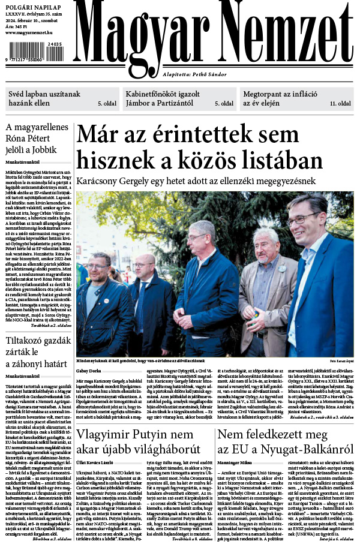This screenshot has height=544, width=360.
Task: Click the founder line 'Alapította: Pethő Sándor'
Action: coord(194,74)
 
